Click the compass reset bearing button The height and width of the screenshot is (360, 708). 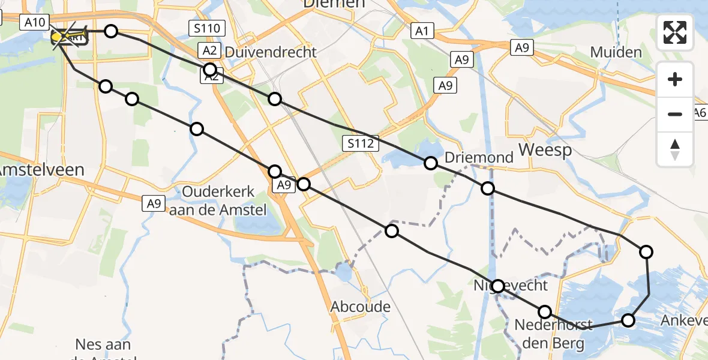[675, 149]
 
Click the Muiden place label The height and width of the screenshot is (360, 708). [616, 52]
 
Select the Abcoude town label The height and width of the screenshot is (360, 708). [361, 307]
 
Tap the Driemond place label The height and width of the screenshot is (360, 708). [479, 158]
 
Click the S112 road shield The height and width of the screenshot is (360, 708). [362, 143]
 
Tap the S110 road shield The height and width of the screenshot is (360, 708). [206, 28]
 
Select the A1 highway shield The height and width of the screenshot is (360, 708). [422, 31]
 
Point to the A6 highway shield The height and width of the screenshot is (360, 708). [700, 112]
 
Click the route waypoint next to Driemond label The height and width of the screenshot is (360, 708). [431, 163]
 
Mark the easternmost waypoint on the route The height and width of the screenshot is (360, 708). [646, 252]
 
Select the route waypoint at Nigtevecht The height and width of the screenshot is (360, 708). [497, 286]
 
